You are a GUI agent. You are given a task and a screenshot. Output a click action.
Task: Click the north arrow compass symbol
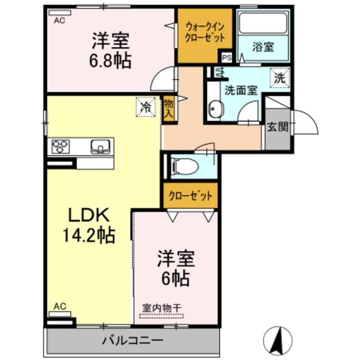coord(278,340)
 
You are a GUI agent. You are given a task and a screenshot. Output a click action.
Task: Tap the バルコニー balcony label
coord(132,340)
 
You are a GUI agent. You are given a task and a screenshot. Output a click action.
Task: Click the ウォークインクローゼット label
coord(204,31)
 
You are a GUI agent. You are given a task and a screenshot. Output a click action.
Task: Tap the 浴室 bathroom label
coord(263,47)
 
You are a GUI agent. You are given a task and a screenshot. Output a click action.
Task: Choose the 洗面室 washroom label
coord(241,91)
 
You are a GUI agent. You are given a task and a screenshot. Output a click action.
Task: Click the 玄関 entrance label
coord(278,126)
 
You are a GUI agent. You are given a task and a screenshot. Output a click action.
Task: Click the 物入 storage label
coord(169,109)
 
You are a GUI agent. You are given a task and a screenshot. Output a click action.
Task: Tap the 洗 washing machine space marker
coord(279,78)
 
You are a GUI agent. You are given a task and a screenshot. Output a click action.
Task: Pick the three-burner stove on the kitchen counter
coord(60,147)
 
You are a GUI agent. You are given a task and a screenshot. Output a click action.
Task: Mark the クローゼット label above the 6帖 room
coord(190,196)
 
